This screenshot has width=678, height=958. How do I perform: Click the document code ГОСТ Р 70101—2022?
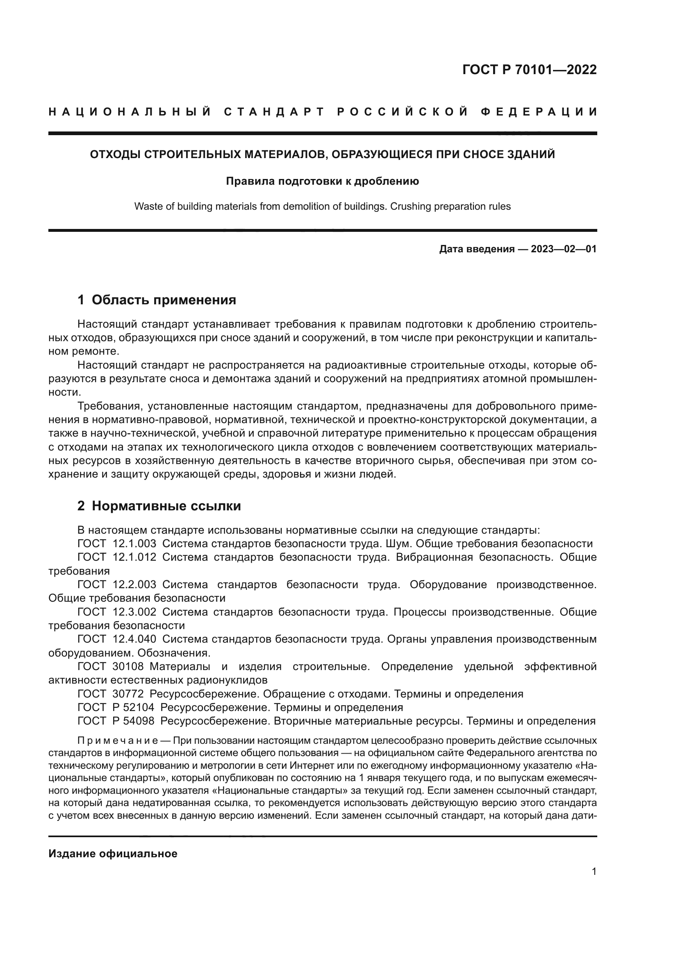pyautogui.click(x=529, y=70)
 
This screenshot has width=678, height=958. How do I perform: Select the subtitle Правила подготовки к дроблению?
pyautogui.click(x=322, y=181)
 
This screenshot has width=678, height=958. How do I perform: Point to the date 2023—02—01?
pyautogui.click(x=564, y=249)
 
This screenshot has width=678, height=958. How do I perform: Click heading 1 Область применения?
pyautogui.click(x=157, y=299)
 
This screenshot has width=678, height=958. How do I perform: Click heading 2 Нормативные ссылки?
pyautogui.click(x=159, y=506)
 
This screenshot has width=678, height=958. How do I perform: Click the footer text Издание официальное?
pyautogui.click(x=113, y=854)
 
